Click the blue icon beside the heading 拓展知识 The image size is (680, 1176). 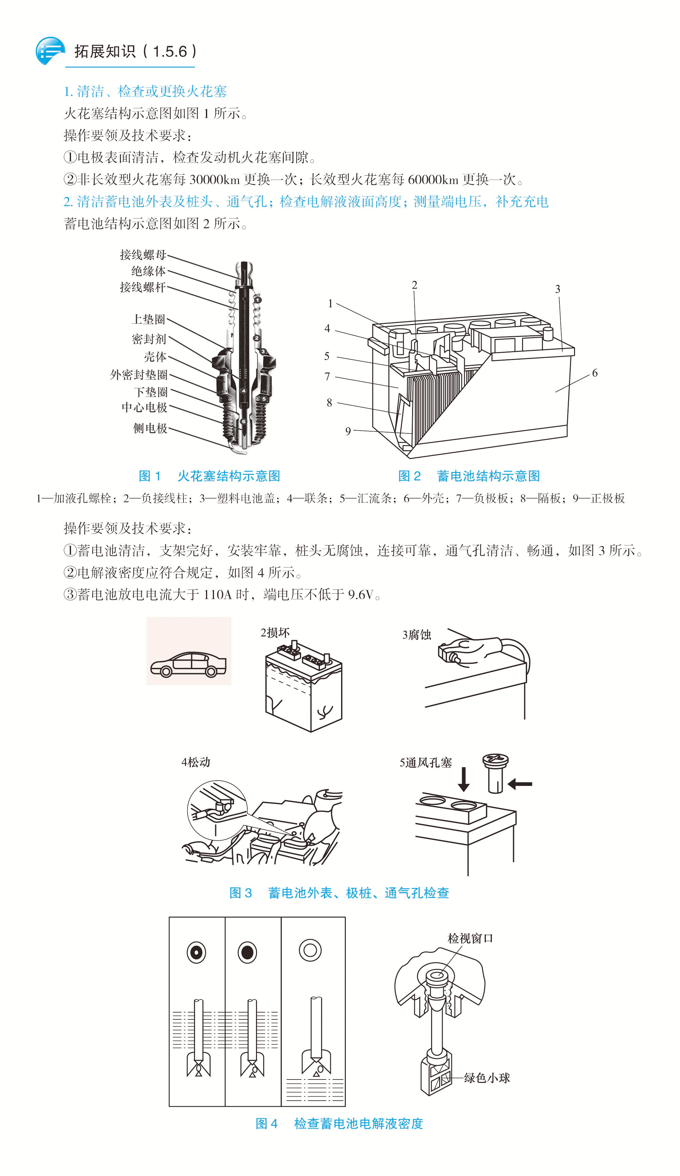50,51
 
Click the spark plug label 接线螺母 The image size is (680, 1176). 143,255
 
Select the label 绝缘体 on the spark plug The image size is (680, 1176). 149,271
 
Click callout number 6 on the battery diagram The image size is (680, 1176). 595,373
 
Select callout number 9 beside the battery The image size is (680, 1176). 348,431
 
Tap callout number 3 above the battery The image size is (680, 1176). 557,289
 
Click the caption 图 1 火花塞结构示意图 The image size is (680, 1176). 209,476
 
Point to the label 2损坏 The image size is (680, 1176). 275,633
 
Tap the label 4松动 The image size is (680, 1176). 196,763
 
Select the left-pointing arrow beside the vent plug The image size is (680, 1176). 520,784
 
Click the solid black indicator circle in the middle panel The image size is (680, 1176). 248,952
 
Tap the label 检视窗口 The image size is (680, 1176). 470,938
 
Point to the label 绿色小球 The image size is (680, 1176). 487,1078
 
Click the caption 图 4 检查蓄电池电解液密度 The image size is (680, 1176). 339,1123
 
